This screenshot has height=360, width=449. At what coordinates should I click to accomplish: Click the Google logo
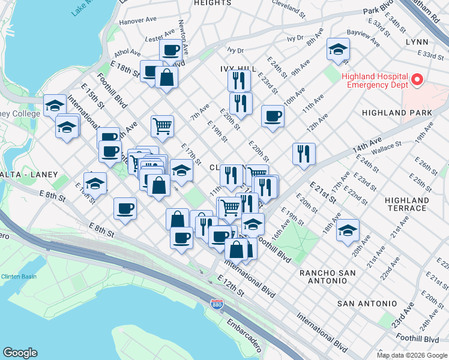pos(20,353)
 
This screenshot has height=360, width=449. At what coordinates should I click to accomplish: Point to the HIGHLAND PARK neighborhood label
pos(397,113)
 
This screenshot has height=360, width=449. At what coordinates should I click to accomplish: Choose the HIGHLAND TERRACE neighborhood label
pos(407,204)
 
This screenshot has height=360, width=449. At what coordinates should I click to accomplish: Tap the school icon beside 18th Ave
pos(348,230)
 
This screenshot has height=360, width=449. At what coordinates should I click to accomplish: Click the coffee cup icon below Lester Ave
pos(170,50)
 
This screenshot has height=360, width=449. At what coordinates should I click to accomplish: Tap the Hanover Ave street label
pos(137,20)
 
